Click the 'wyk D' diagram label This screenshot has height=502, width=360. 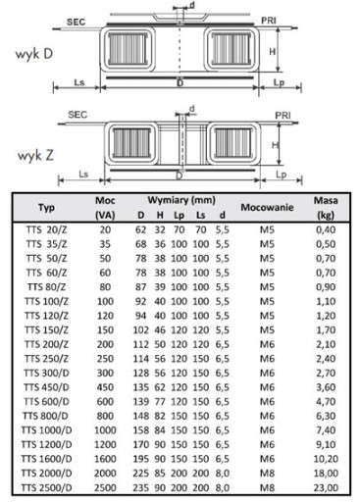coord(34,54)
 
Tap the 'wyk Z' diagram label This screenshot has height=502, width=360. coord(35,155)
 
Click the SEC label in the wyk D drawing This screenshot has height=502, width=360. coord(76,22)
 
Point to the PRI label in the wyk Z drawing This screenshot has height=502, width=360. coord(283,116)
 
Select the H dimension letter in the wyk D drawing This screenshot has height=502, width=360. coord(272,51)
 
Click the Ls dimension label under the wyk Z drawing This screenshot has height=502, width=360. coord(83,174)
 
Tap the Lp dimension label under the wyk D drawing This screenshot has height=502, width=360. coord(279,82)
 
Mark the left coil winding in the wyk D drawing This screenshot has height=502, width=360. coord(128,49)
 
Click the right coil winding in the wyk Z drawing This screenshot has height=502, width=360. coord(232,143)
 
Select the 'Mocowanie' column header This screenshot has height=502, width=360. coord(267,207)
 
